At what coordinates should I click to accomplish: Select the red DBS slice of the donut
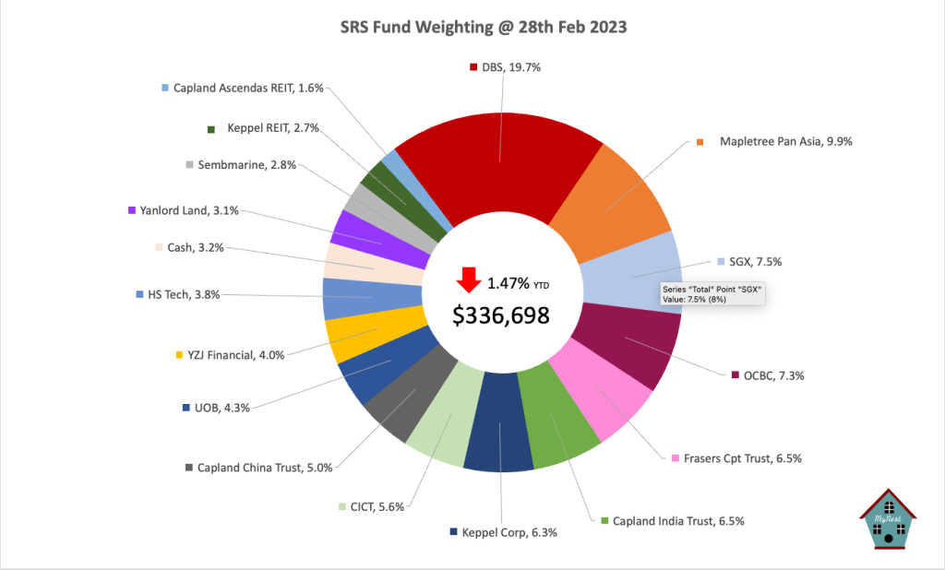[x=498, y=157]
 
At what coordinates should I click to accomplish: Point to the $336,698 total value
[x=501, y=315]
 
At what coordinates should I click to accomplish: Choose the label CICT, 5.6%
[x=377, y=506]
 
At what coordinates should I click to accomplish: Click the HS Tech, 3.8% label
[x=179, y=295]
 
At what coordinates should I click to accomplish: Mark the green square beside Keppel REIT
[x=211, y=129]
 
